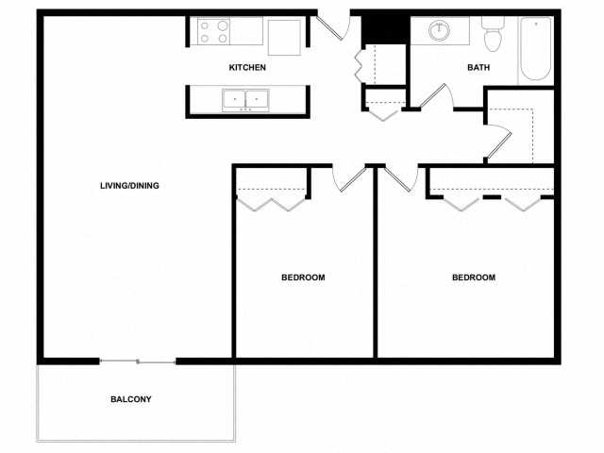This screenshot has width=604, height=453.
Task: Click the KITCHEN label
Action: [247, 68]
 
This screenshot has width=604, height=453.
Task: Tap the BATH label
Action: [478, 68]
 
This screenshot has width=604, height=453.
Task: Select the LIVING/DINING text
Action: [129, 186]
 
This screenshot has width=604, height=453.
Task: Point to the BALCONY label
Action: [130, 399]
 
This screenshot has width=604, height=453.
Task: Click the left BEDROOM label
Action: [303, 277]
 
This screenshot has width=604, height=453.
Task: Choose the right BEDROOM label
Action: [473, 277]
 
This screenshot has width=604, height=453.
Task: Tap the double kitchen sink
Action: [245, 99]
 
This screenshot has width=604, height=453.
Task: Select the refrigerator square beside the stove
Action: [283, 37]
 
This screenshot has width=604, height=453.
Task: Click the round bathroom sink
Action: [440, 31]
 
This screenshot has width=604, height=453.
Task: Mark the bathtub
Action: [534, 49]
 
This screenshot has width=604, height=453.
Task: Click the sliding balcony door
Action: [138, 361]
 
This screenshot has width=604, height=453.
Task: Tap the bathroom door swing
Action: [436, 97]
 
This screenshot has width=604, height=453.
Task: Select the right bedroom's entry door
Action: [397, 177]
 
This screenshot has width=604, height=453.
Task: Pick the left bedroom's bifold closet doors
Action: [271, 200]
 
